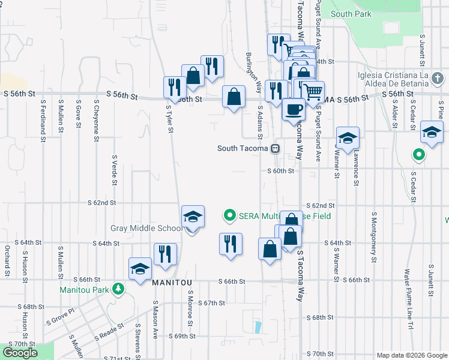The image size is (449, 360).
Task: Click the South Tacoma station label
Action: coord(243,148)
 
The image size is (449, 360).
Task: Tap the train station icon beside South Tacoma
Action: coord(275,148)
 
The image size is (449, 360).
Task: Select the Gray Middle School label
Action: coord(147,228)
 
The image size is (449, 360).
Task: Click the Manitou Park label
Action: coord(84,290)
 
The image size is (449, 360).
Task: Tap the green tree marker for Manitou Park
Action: coord(119,290)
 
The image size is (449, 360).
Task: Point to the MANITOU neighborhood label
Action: coord(172,282)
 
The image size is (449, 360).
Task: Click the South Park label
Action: coord(351,14)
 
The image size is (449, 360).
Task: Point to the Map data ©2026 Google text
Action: coord(411,355)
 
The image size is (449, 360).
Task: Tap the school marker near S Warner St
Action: coord(348,138)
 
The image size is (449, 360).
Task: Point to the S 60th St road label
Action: coord(280,170)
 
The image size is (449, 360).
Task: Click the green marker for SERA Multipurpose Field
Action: coord(229,214)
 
